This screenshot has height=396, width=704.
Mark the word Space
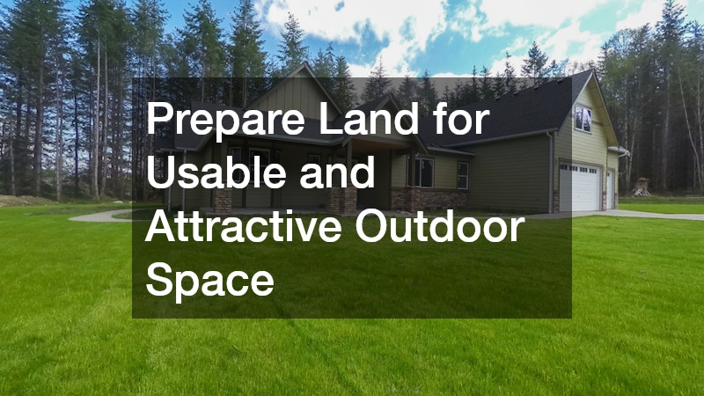[x=209, y=281]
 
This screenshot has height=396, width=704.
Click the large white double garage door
[x=581, y=187]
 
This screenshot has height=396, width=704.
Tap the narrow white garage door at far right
[x=610, y=188]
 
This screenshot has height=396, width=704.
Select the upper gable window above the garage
[x=583, y=118]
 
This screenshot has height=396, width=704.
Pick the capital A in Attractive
[x=162, y=226]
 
